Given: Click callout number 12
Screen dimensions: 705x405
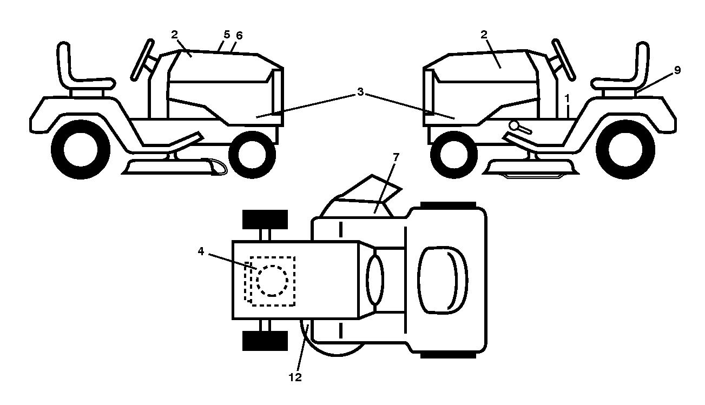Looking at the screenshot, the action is click(295, 377).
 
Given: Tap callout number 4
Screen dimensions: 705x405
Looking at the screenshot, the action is click(201, 251).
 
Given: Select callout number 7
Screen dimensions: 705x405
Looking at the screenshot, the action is click(396, 157).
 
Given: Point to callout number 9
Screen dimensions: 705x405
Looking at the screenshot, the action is click(677, 70).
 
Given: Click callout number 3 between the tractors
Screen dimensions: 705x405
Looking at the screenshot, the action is click(360, 92).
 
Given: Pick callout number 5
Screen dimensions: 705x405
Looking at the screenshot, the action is click(227, 34).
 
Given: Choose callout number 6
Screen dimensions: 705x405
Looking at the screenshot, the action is click(239, 36).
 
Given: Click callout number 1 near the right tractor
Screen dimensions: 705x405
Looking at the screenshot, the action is click(567, 99).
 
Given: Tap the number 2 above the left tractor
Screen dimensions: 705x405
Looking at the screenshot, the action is click(174, 34).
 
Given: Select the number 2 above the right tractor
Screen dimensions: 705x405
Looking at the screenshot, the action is click(484, 34).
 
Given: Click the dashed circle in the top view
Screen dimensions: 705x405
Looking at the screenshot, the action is click(272, 281).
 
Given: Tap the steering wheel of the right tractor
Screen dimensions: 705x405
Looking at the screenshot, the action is click(564, 59).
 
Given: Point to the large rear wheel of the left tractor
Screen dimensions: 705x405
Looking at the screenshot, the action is click(81, 150).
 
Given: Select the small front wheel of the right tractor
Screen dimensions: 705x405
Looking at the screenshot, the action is click(453, 155).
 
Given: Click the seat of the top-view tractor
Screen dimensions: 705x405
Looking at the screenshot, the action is click(443, 281).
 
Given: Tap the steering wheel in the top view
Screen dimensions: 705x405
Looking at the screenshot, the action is click(375, 280).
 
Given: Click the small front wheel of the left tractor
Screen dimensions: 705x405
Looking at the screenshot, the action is click(252, 155).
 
